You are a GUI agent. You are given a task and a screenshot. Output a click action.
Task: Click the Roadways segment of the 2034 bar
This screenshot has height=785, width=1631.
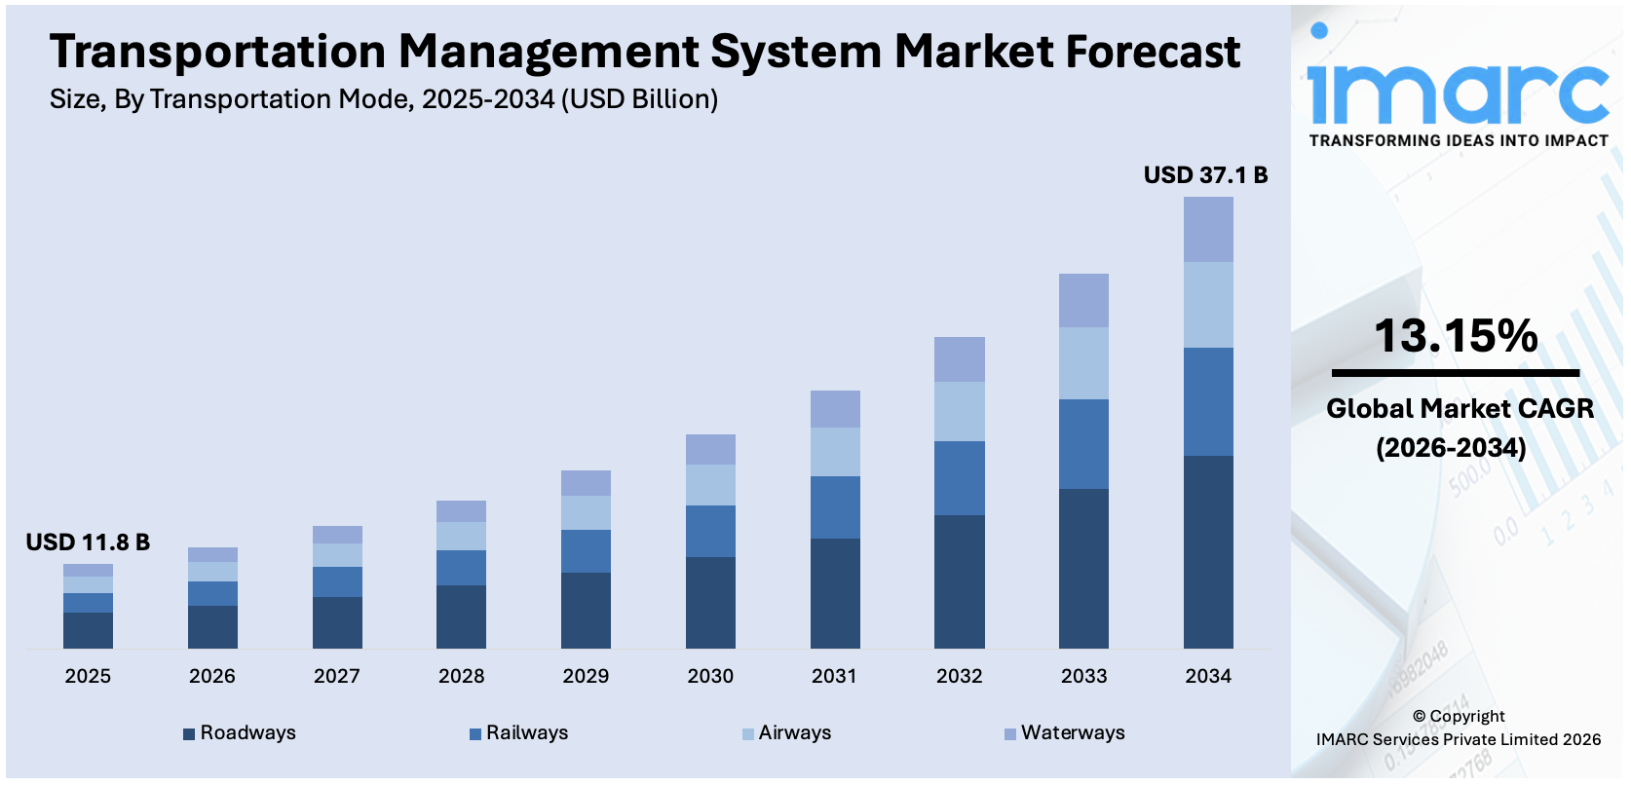(x=1208, y=551)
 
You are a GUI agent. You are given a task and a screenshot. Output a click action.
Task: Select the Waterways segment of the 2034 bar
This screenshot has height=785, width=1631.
(x=1208, y=229)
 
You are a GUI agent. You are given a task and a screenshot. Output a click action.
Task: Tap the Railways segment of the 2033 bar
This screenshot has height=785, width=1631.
(x=1083, y=443)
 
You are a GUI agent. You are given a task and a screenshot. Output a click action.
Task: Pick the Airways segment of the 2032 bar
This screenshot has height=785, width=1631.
(x=959, y=411)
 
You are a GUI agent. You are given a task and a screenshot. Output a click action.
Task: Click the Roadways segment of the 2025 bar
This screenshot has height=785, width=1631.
(x=88, y=630)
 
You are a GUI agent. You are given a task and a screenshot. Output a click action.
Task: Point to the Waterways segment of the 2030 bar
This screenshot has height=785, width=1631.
(x=710, y=449)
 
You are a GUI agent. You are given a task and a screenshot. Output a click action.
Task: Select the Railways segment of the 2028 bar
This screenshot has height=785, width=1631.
(x=461, y=567)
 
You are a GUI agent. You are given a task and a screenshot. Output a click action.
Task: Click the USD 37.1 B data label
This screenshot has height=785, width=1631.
(x=1205, y=175)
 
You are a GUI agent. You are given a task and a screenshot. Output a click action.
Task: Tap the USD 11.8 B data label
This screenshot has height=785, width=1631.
(x=88, y=542)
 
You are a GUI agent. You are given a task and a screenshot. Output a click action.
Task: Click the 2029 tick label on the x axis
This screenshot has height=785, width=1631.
(x=586, y=676)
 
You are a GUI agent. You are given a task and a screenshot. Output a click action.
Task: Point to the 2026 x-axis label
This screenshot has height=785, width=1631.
(x=212, y=676)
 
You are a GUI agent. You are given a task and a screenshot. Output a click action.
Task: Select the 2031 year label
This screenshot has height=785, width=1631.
(x=834, y=676)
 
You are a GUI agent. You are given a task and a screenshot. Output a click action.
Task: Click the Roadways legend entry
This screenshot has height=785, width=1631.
(x=240, y=733)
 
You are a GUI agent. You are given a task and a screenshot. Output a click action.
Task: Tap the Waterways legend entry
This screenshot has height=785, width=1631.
(x=1064, y=733)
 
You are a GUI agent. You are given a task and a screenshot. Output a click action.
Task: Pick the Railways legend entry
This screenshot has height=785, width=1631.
(x=518, y=733)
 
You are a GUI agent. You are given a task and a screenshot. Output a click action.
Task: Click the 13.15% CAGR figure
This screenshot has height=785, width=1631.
(x=1456, y=336)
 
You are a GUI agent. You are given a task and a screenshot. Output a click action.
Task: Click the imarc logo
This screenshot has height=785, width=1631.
(x=1458, y=88)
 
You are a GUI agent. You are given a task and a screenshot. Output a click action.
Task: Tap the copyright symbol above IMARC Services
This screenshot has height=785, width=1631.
(x=1420, y=717)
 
